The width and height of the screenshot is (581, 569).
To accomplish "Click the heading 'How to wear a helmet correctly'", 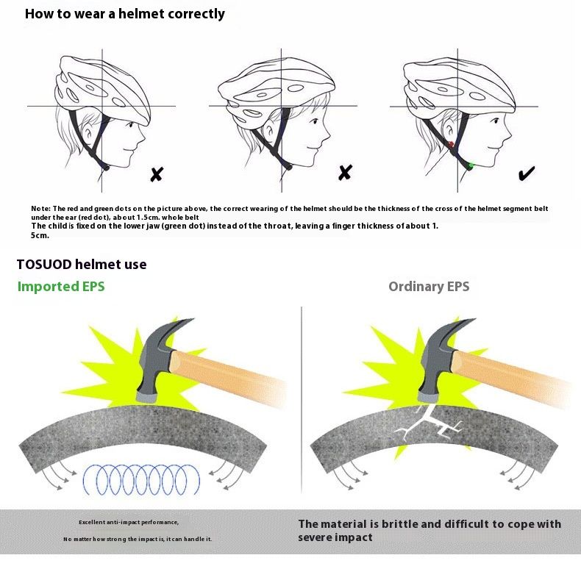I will [x=125, y=14].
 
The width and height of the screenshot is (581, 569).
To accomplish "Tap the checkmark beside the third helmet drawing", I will [x=527, y=173].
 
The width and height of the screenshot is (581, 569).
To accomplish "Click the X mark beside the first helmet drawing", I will [x=157, y=174].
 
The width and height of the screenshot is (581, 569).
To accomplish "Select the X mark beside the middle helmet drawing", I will [x=345, y=173].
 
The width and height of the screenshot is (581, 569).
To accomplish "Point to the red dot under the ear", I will [x=450, y=145].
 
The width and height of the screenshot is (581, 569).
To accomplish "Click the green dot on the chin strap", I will [x=469, y=166].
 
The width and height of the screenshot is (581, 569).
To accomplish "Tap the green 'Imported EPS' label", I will [x=61, y=287].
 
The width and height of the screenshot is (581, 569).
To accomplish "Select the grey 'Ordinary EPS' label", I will [x=429, y=287].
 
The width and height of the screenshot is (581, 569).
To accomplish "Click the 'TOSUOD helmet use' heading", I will [x=82, y=264].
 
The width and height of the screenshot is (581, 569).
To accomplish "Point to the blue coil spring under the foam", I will [x=140, y=479].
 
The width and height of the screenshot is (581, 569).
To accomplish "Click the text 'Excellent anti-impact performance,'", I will [x=129, y=522].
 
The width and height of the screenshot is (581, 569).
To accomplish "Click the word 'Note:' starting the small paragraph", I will [x=40, y=209].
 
